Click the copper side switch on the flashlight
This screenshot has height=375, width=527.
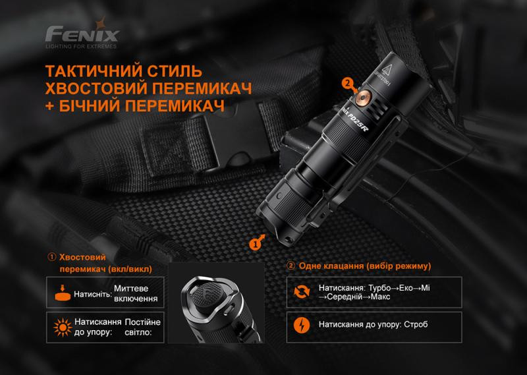click(364, 98)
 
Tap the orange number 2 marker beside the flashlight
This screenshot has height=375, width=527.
click(348, 83)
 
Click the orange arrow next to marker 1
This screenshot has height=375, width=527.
click(265, 235)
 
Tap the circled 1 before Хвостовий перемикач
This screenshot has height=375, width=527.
click(51, 257)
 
